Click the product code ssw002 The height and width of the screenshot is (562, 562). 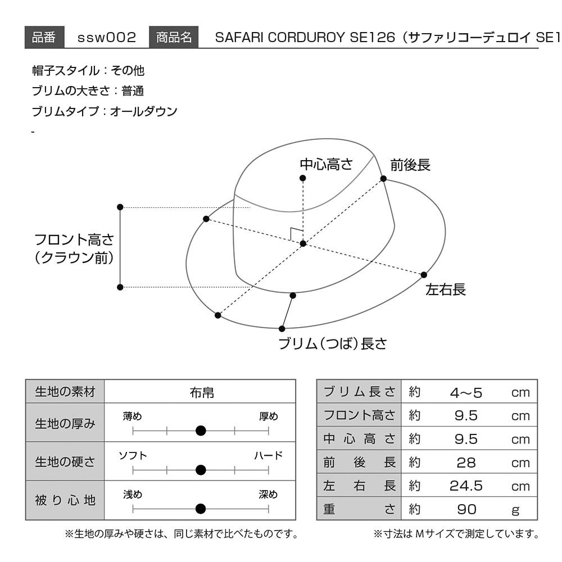tap(107, 37)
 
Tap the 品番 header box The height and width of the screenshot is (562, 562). tap(44, 37)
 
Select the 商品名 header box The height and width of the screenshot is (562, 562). tap(174, 37)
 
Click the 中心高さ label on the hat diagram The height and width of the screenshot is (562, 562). tap(326, 164)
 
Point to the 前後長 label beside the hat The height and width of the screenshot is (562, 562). tap(410, 165)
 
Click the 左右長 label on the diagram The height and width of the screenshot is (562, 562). tap(446, 289)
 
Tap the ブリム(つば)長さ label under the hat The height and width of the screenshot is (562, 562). tap(333, 344)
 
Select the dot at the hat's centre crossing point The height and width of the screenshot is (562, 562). tap(303, 244)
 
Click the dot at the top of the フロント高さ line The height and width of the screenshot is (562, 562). tap(120, 207)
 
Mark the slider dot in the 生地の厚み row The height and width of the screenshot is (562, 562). tap(201, 430)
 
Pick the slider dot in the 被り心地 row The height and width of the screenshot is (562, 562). tap(201, 508)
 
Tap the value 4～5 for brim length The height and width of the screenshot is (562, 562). tap(466, 393)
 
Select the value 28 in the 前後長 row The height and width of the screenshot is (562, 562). tap(466, 463)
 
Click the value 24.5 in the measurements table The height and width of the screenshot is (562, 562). tap(466, 486)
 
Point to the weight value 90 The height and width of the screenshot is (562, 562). tap(466, 509)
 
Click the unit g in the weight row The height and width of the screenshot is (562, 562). tap(515, 510)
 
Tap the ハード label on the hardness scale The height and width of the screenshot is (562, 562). tap(269, 455)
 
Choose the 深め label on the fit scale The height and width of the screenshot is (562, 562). tap(269, 494)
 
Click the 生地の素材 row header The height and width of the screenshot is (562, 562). tap(65, 391)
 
